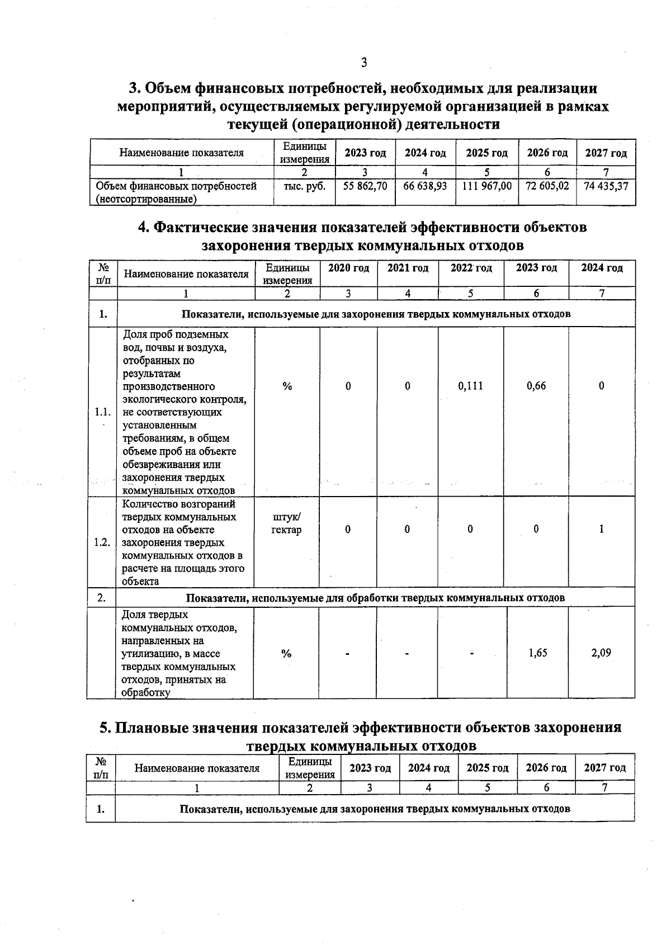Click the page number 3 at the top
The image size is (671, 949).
coord(364,63)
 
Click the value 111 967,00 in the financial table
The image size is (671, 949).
coord(486,186)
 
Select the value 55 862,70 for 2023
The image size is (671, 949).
coord(365,186)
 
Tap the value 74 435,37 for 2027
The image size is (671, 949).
coord(606,186)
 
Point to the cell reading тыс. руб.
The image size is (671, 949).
coord(304,186)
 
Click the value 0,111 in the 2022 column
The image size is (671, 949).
coord(470,386)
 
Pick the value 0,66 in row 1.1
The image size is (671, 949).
coord(536,386)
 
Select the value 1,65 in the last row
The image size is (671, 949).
coord(538,653)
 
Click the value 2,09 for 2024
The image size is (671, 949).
coord(602,653)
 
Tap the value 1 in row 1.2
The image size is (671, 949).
coord(602,528)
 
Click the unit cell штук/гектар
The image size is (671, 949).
coord(286,523)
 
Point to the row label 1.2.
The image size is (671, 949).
coord(102,542)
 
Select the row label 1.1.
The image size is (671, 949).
coord(102,412)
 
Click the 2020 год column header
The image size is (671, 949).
coord(348,268)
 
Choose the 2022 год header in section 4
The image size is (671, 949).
coord(471,268)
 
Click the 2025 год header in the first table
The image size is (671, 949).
coord(486,153)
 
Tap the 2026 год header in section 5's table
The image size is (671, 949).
coord(546,768)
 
